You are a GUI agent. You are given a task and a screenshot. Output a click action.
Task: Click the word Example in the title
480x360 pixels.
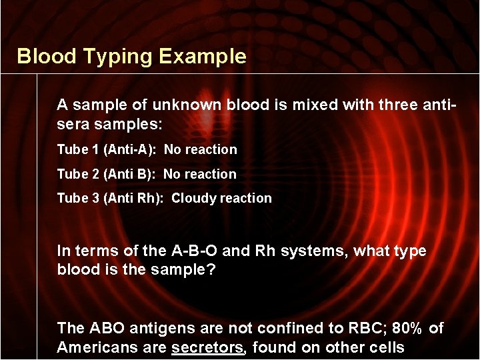[x=203, y=57]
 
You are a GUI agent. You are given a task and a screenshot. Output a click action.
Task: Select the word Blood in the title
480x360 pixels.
[x=42, y=57]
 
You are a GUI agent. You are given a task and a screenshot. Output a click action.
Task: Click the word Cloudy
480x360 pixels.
[x=194, y=198]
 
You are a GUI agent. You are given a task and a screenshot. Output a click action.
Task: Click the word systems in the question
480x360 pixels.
[x=313, y=251]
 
